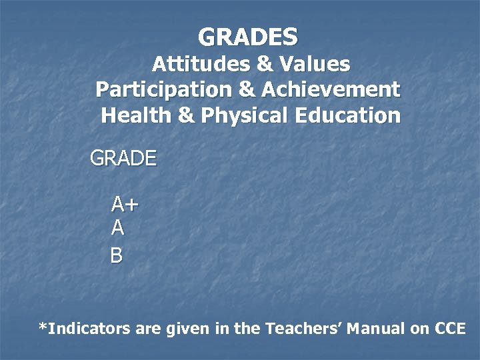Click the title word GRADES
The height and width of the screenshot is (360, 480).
pyautogui.click(x=248, y=36)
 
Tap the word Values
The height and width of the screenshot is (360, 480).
pyautogui.click(x=314, y=64)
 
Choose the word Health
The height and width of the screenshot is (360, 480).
pyautogui.click(x=136, y=116)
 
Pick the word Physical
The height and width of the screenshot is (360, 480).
pyautogui.click(x=244, y=116)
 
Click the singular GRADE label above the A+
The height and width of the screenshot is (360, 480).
pyautogui.click(x=123, y=159)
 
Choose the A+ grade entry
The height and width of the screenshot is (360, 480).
pyautogui.click(x=125, y=203)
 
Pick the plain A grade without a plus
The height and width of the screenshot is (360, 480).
pyautogui.click(x=117, y=229)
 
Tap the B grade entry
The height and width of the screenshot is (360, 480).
pyautogui.click(x=117, y=255)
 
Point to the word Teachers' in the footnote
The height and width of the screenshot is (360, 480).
pyautogui.click(x=303, y=329)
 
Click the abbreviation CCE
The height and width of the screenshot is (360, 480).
pyautogui.click(x=450, y=329)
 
